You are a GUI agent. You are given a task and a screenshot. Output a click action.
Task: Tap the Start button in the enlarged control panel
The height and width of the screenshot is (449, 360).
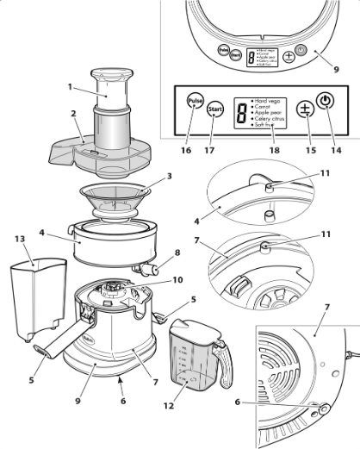[x=216, y=109]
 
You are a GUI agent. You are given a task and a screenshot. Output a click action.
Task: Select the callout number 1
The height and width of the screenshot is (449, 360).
[x=70, y=86]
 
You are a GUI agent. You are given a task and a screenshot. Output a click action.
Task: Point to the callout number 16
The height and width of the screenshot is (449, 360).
[x=185, y=150]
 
